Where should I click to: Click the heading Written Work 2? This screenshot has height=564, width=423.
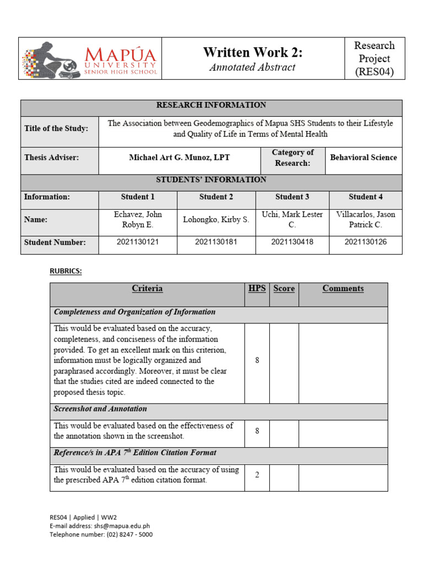coord(253,52)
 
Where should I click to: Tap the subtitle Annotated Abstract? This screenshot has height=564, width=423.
coord(253,67)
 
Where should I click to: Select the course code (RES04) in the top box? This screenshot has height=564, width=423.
coord(375,72)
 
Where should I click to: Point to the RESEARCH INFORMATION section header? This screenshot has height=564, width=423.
coord(211,105)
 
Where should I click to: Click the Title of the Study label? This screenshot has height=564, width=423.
coord(56,128)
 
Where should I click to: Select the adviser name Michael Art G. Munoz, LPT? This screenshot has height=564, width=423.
coord(180,158)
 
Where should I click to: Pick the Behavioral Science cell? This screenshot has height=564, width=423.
coord(364,158)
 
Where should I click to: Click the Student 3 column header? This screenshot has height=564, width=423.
coord(292,197)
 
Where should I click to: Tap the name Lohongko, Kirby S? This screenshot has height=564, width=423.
coord(216,220)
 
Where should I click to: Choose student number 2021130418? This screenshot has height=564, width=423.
coord(292,242)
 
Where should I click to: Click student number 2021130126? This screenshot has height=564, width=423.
coord(366,242)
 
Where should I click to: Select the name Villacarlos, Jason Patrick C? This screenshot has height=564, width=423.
coord(366,219)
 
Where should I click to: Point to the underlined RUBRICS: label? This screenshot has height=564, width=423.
coord(66,271)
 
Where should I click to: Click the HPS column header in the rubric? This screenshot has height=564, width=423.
coord(257,289)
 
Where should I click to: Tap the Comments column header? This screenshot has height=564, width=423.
coord(343,289)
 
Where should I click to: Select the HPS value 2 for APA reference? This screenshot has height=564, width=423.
coord(257,475)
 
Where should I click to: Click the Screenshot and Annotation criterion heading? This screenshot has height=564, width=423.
coord(100,409)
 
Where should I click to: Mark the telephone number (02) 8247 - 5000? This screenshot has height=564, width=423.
coord(127,534)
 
